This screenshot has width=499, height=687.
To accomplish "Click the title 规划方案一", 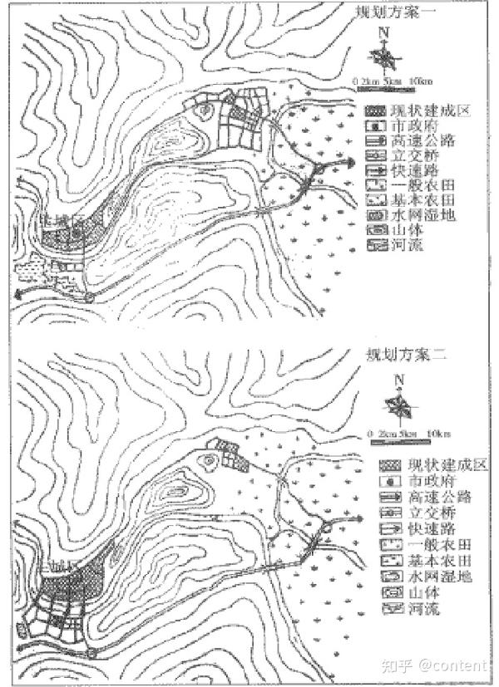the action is point(391,12).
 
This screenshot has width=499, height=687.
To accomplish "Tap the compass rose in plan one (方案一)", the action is point(383,56).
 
